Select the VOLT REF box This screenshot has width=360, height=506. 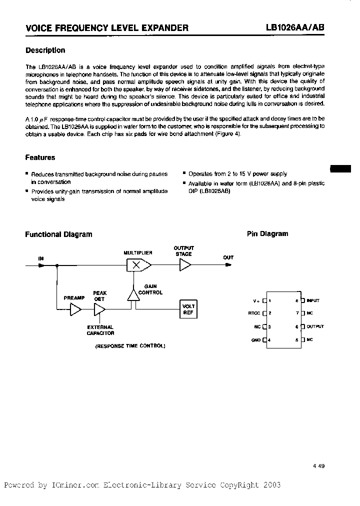pos(188,309)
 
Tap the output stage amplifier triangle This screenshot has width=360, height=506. pos(185,265)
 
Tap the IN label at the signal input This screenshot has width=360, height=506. pos(41,258)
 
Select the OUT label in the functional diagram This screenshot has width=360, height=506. pos(228,257)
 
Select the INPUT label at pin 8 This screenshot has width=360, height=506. pos(313,300)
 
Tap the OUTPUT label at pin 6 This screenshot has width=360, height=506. pos(315,326)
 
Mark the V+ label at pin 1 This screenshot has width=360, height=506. pos(256,301)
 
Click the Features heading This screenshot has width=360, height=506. pos(40,157)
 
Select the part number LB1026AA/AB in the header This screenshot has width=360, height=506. pos(295,28)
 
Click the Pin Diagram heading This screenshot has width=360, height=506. pos(267,233)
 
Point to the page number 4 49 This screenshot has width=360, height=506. pos(318,465)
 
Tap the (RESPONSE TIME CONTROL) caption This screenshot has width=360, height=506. pos(130,346)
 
